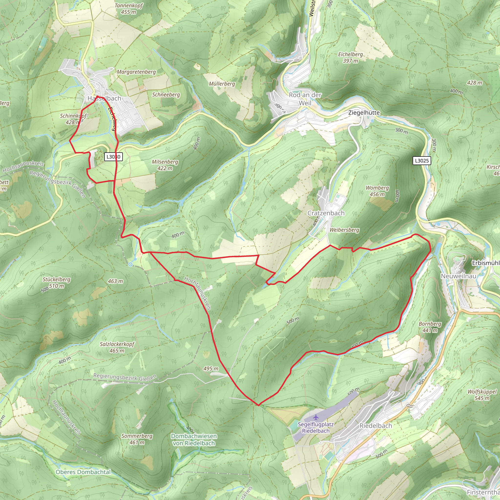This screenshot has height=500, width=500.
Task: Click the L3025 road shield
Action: click(422, 161)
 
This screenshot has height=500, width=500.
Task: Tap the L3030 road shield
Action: click(113, 156)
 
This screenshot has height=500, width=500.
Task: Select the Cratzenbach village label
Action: click(326, 213)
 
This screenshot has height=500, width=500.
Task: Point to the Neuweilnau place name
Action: click(458, 276)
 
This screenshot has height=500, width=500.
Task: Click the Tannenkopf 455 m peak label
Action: click(129, 9)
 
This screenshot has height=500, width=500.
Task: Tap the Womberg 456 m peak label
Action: click(377, 191)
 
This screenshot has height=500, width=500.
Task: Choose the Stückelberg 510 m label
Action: click(56, 283)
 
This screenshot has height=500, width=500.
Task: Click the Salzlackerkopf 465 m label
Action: click(117, 347)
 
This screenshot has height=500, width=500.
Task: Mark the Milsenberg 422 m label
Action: click(165, 165)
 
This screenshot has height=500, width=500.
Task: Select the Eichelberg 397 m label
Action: click(350, 57)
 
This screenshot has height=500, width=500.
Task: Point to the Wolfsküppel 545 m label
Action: click(482, 395)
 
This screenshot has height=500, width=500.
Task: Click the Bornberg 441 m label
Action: click(430, 327)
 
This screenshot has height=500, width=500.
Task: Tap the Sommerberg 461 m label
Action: click(137, 439)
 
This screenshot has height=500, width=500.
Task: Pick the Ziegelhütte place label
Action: click(364, 113)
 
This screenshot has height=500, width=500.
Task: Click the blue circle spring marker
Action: click(130, 264)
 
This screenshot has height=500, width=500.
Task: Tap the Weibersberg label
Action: click(344, 230)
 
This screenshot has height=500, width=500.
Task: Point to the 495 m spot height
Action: click(211, 368)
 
